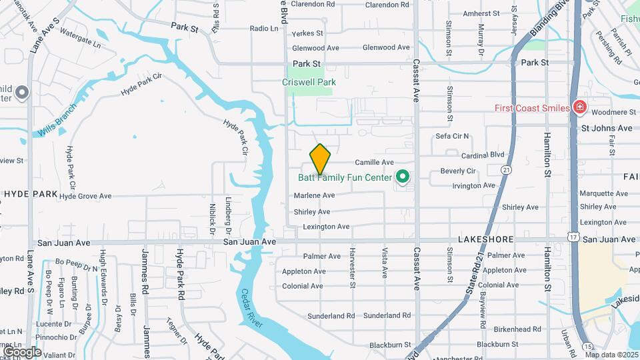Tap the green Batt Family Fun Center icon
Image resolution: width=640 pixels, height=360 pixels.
coord(402,177)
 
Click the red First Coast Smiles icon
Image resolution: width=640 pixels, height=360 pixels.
coord(579,107)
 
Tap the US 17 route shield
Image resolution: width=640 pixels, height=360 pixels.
coord(573,237)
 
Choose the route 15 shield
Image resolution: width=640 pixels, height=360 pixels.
coord(587,347)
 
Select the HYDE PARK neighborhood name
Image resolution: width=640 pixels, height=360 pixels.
coord(30,194)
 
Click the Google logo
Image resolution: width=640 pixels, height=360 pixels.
coord(22,351)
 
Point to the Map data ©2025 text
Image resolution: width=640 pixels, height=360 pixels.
coord(612,355)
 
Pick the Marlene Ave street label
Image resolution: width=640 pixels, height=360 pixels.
coord(314,195)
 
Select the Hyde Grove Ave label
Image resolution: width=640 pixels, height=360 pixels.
coord(85,196)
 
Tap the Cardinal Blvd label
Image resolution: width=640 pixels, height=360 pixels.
coord(502,155)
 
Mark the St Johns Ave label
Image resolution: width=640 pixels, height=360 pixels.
coord(606,128)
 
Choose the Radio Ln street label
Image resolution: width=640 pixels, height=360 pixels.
coord(264,29)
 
